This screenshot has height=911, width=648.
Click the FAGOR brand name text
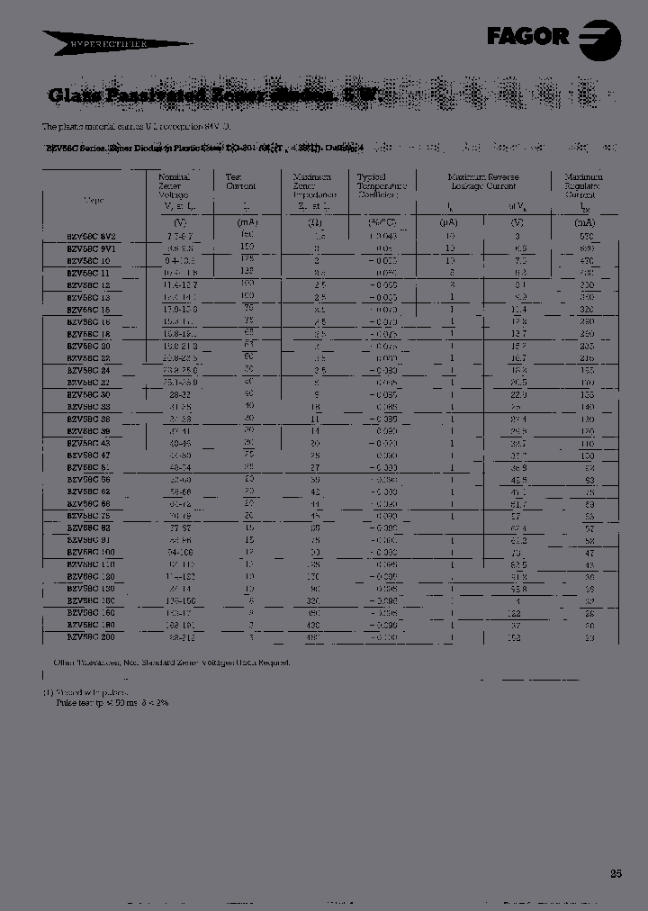[x=528, y=37]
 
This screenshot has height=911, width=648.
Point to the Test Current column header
[x=240, y=182]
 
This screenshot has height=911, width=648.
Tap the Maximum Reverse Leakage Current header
[x=484, y=182]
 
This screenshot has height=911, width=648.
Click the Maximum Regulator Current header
[x=583, y=186]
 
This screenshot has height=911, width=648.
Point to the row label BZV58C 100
[x=91, y=550]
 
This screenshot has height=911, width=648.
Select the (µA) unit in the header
[x=451, y=222]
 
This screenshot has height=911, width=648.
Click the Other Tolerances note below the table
[x=171, y=662]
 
